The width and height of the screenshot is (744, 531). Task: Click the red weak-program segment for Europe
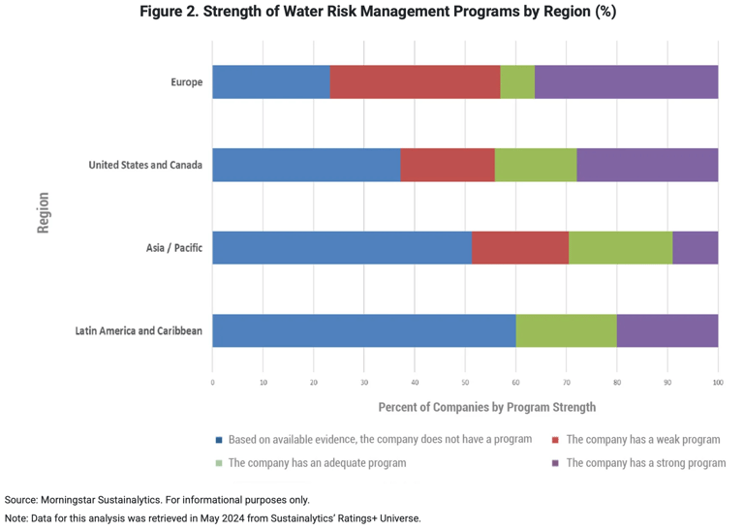pos(415,82)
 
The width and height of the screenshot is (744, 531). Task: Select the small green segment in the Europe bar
pos(517,82)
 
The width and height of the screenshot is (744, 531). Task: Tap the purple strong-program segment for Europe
pos(626,82)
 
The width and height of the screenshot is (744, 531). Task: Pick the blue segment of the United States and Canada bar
pos(306,165)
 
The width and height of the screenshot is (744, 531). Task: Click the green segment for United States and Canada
pos(536,165)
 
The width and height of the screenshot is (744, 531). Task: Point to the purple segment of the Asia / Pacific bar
pos(695,247)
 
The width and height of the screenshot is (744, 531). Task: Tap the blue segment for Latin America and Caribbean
pos(363,330)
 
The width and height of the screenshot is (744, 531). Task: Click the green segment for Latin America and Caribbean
pos(566,330)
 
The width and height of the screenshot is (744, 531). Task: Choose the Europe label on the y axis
pos(187,82)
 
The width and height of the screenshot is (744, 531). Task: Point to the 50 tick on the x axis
pos(465,383)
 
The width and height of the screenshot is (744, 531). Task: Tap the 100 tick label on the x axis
pos(718,383)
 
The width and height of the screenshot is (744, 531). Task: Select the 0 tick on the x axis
pos(212,383)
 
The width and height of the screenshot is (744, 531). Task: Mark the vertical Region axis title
pos(44,211)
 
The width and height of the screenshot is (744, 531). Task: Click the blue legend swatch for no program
pos(219,440)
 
